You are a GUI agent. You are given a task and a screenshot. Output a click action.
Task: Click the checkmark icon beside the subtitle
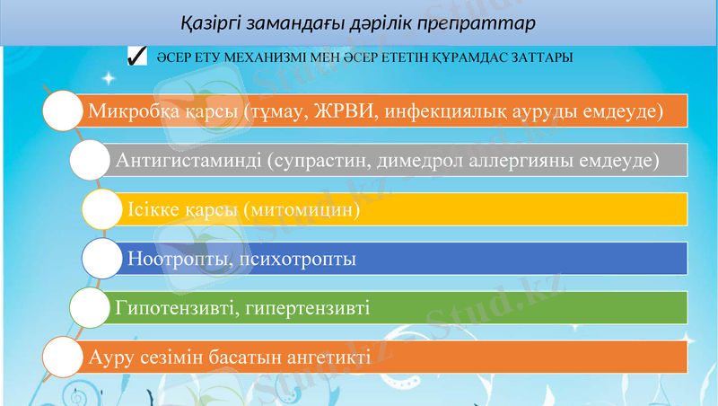(x=137, y=57)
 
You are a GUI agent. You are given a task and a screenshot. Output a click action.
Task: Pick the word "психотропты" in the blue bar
(x=293, y=260)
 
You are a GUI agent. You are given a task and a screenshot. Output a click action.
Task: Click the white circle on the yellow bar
(x=106, y=209)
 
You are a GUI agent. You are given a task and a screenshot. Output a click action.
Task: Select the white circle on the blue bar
(x=106, y=259)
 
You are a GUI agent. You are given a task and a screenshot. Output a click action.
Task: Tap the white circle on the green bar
(x=94, y=308)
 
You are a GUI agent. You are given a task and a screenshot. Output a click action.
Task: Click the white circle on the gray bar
(x=94, y=161)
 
